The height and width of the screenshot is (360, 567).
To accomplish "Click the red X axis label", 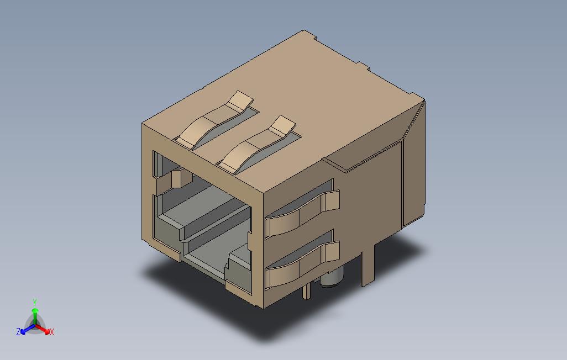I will point(51,332).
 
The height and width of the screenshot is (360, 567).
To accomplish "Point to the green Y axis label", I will point(34,303).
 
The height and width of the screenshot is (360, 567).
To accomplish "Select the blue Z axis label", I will point(18,332).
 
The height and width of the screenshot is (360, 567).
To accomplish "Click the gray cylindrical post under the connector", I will point(331,279).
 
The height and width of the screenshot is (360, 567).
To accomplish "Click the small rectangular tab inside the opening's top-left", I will point(177,178).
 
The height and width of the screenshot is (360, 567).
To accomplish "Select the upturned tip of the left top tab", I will point(241,101).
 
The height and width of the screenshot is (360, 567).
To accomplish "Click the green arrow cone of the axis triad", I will point(35,313).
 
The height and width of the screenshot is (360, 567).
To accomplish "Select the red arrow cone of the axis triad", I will point(45,330).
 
